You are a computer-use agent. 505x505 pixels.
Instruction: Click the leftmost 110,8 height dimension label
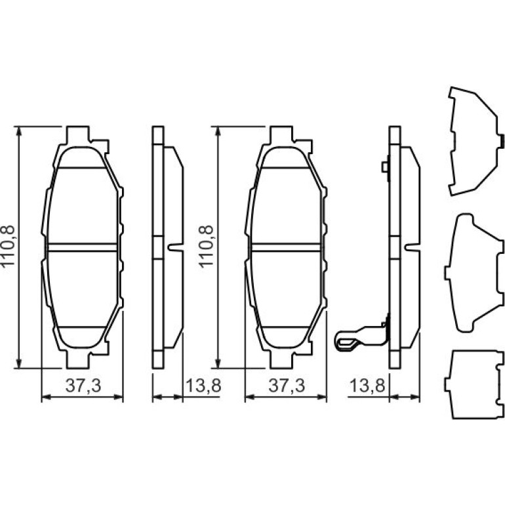pyautogui.click(x=9, y=247)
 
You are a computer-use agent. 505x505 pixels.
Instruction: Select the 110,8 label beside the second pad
pyautogui.click(x=206, y=247)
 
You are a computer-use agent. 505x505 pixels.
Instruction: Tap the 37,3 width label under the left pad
pyautogui.click(x=83, y=386)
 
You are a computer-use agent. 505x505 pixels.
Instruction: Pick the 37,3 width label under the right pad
pyautogui.click(x=287, y=386)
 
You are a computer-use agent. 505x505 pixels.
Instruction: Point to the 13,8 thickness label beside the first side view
pyautogui.click(x=203, y=386)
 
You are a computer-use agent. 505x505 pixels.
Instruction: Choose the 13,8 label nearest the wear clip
pyautogui.click(x=367, y=386)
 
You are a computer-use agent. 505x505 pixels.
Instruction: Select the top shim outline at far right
pyautogui.click(x=476, y=141)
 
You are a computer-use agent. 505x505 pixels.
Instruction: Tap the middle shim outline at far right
pyautogui.click(x=474, y=272)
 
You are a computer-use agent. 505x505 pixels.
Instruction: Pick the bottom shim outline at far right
pyautogui.click(x=474, y=384)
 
